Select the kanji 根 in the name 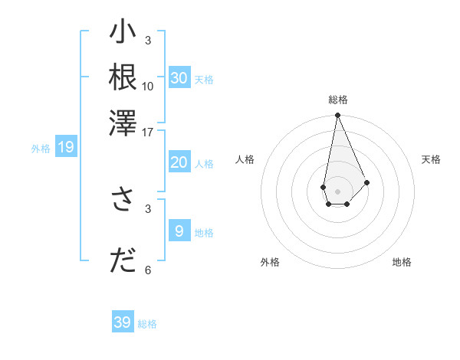pyautogui.click(x=123, y=76)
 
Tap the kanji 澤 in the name pyautogui.click(x=123, y=122)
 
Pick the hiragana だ pyautogui.click(x=123, y=260)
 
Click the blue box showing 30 pyautogui.click(x=179, y=78)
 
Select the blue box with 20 pyautogui.click(x=179, y=162)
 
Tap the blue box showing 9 pyautogui.click(x=179, y=231)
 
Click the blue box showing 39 pyautogui.click(x=123, y=322)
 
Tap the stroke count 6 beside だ pyautogui.click(x=148, y=270)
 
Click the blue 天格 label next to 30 pyautogui.click(x=204, y=79)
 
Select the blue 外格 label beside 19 pyautogui.click(x=41, y=149)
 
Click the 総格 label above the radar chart pyautogui.click(x=338, y=100)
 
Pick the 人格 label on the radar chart pyautogui.click(x=245, y=159)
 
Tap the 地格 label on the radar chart pyautogui.click(x=402, y=262)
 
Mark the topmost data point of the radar pyautogui.click(x=337, y=116)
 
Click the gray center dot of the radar pyautogui.click(x=337, y=190)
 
